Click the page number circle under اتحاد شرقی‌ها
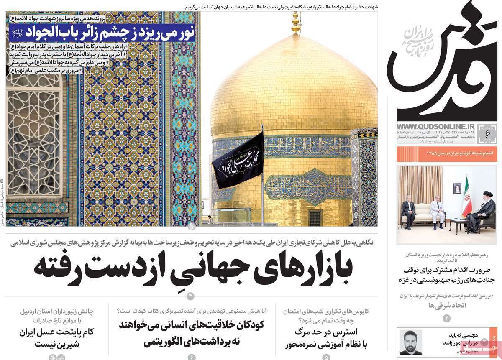pyautogui.click(x=446, y=319)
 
